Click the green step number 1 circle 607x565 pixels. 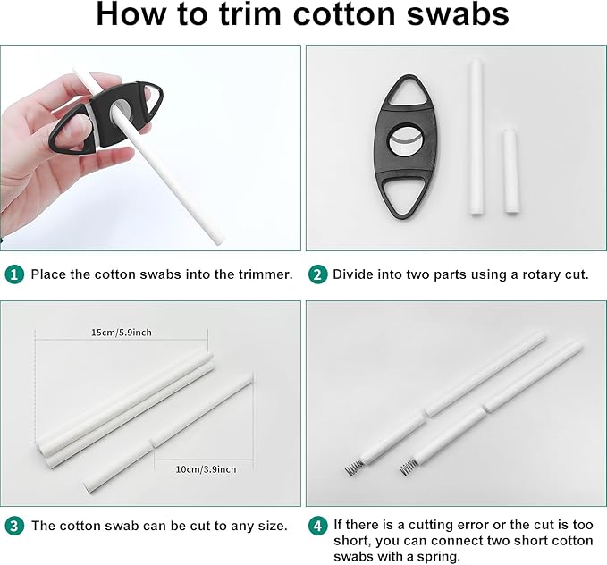(14, 274)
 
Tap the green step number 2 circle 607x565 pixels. (317, 274)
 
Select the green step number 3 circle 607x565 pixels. (14, 526)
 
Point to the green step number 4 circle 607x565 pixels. (317, 526)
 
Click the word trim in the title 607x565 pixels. (249, 14)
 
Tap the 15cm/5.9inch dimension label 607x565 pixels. (122, 333)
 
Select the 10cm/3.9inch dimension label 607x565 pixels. (206, 469)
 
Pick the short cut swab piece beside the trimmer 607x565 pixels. (511, 171)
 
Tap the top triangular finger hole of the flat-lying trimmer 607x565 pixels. (405, 91)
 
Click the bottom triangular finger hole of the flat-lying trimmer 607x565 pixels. (403, 196)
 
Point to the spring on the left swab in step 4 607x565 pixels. (354, 468)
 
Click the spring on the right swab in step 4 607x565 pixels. (408, 468)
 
